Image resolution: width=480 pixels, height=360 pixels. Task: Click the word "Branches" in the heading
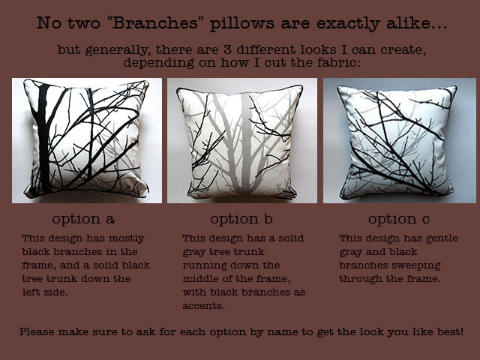(x=155, y=23)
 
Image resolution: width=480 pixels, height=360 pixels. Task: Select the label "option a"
(x=83, y=219)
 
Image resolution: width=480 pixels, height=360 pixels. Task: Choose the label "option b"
(x=241, y=219)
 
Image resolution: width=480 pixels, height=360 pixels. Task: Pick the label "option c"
(x=399, y=219)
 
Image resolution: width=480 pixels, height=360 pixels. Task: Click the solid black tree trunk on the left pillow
(x=43, y=138)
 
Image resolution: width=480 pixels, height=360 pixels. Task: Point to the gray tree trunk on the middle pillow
(x=246, y=144)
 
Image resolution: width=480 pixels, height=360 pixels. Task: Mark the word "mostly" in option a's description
(x=126, y=238)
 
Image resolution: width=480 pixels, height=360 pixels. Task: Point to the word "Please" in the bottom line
(x=37, y=331)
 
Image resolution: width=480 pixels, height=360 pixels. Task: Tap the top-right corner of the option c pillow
(x=455, y=87)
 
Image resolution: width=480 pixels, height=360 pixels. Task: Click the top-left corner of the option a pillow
(x=25, y=81)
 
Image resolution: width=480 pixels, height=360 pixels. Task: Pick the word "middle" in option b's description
(x=199, y=279)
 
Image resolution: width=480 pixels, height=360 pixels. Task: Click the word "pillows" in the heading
(x=241, y=23)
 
